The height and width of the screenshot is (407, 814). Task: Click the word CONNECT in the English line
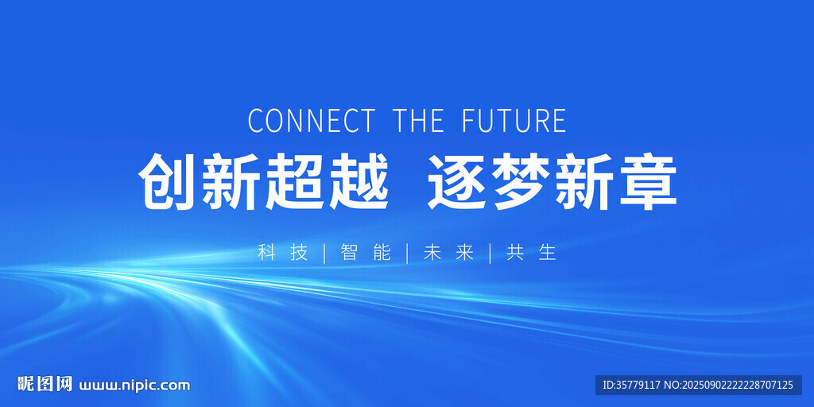click(311, 121)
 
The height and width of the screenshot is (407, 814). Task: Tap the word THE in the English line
click(418, 121)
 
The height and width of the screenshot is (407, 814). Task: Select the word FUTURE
click(514, 121)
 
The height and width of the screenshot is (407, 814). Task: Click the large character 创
click(167, 181)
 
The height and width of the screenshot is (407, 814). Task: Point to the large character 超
click(294, 181)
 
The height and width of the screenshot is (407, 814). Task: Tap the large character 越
click(359, 181)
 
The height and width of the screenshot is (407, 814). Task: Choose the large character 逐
click(457, 181)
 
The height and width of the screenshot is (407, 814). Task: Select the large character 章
click(648, 181)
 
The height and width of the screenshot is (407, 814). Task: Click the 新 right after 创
click(231, 181)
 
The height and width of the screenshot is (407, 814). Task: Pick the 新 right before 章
click(584, 181)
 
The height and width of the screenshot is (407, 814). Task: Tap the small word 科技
click(283, 252)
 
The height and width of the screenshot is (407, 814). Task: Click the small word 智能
click(366, 252)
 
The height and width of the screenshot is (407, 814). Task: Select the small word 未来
click(449, 252)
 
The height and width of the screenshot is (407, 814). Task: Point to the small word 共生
click(532, 252)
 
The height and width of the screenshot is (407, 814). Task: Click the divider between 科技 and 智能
click(324, 253)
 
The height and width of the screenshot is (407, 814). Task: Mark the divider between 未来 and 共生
click(490, 253)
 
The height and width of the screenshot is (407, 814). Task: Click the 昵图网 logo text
click(45, 384)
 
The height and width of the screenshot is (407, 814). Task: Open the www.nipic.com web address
click(134, 386)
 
